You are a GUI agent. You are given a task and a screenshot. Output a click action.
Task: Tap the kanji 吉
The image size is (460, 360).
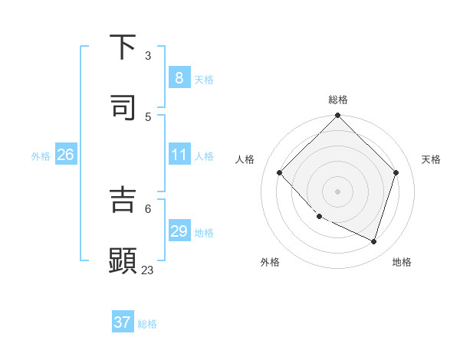123,200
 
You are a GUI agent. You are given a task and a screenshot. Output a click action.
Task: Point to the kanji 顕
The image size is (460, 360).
123,260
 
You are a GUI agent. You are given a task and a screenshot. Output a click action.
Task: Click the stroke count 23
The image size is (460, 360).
147,270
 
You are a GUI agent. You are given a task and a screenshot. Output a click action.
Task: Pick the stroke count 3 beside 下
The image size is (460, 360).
148,56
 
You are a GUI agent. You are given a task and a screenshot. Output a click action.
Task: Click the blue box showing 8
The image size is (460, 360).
179,77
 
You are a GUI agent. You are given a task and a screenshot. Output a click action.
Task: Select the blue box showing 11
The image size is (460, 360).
179,155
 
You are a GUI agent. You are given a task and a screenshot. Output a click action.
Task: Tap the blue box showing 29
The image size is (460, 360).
179,231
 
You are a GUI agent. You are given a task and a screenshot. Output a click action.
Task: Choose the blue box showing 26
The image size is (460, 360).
65,155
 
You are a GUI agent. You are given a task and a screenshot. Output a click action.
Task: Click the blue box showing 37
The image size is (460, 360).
123,322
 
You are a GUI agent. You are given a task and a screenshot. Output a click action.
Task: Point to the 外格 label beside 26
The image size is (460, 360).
41,155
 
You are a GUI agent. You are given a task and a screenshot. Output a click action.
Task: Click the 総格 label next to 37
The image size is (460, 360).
147,324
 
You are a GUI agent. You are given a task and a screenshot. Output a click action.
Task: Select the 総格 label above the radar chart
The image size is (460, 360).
338,100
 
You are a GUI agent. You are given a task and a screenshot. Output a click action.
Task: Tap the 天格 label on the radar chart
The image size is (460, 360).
431,159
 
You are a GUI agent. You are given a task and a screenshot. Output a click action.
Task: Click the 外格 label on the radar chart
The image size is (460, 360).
270,262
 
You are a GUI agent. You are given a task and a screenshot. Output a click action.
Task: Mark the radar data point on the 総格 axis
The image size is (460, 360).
337,116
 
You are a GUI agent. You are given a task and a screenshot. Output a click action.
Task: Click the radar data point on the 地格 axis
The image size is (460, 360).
374,241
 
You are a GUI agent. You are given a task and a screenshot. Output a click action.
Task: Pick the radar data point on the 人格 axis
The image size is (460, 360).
280,173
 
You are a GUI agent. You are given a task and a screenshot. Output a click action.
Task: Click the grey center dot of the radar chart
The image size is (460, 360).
337,191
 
